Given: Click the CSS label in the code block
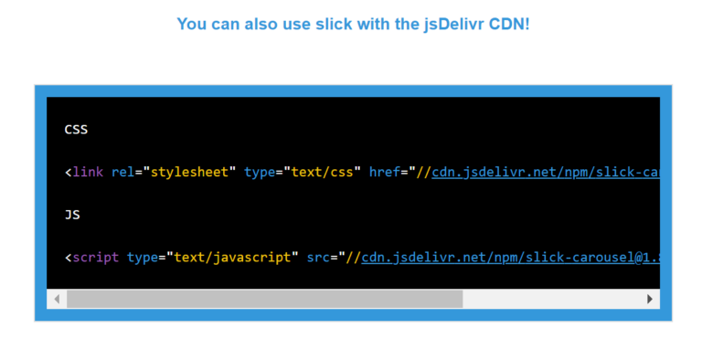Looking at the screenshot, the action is click(x=76, y=130).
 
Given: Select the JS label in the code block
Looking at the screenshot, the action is click(x=72, y=215).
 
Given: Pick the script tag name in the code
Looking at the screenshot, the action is click(x=96, y=258).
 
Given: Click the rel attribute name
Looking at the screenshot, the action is click(x=122, y=172).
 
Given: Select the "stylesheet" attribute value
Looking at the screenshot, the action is click(x=189, y=172).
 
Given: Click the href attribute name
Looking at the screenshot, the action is click(x=385, y=172).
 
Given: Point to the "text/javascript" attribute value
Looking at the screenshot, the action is click(x=229, y=258).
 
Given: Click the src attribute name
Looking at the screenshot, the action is click(x=318, y=258).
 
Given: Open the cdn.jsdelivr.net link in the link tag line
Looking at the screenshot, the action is click(x=545, y=172).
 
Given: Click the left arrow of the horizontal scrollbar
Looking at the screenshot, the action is click(x=57, y=299).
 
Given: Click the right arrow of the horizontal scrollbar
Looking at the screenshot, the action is click(x=650, y=299).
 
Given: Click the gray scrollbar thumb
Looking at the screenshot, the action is click(x=265, y=299).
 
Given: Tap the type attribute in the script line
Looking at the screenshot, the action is click(x=143, y=258).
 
